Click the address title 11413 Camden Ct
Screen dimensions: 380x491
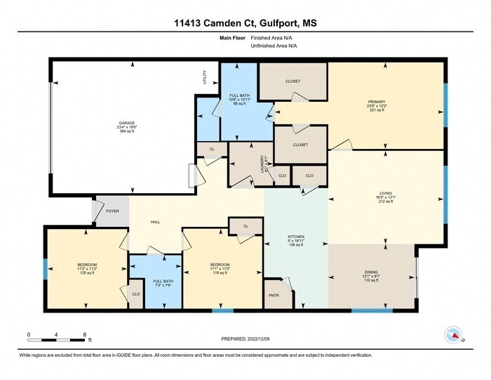click(x=245, y=23)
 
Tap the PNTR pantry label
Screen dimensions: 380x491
click(x=274, y=295)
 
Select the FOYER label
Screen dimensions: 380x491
click(x=112, y=211)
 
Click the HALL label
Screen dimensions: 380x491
click(x=155, y=222)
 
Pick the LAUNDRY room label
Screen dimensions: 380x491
click(x=262, y=163)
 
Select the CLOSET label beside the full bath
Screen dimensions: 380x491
click(x=292, y=81)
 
